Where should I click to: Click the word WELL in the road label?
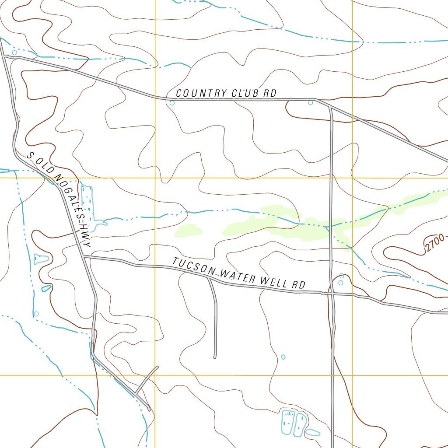[274, 281]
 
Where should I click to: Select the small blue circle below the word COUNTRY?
[172, 103]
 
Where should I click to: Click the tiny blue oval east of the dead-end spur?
[283, 357]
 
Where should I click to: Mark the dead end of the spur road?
[215, 357]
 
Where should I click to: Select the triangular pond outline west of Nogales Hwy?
[41, 259]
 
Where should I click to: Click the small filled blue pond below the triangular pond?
[46, 288]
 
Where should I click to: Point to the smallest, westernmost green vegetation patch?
[189, 231]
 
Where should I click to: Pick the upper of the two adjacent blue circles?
[341, 276]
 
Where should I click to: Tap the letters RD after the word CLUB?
[270, 94]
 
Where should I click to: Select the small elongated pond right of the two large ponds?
[312, 433]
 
